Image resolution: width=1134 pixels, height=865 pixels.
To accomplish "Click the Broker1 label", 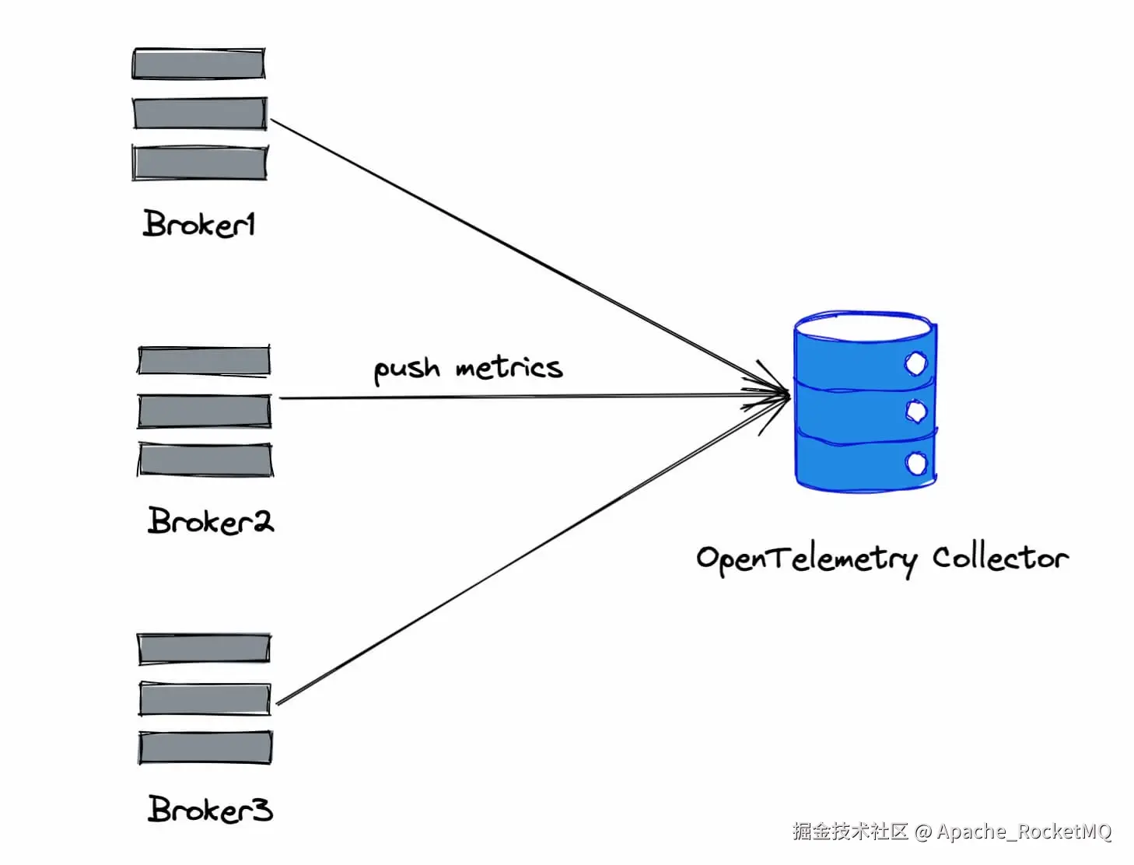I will pos(199,224).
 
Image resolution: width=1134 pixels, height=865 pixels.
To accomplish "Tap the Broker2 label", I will pos(210,520).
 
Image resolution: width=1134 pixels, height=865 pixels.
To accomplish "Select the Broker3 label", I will pos(210,810).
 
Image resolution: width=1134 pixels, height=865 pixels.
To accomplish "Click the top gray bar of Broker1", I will pos(199,64).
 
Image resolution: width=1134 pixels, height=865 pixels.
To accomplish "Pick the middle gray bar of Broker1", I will pos(200,114).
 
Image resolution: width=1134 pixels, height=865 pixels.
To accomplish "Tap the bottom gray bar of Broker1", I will pos(200,163).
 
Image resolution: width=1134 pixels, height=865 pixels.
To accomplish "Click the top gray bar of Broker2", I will pos(204,361).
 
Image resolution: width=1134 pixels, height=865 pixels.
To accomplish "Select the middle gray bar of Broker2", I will pos(205,411).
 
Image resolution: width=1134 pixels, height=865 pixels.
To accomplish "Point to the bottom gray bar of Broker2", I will pos(205,460).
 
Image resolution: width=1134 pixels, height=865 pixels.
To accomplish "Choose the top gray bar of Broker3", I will pos(204,649).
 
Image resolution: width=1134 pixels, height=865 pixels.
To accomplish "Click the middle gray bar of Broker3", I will pos(205,699).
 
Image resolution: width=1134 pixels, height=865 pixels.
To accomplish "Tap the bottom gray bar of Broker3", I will pos(205,748).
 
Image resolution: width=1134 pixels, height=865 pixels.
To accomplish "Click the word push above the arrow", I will pos(406,369).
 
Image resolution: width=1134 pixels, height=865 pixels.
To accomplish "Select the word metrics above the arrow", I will pos(509,367).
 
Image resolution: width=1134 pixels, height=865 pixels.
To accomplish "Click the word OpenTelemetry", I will pos(807,559).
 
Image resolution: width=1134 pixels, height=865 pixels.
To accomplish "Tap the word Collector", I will pos(1000,558).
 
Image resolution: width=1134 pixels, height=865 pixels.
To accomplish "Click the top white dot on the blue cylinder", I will pos(916,363).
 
